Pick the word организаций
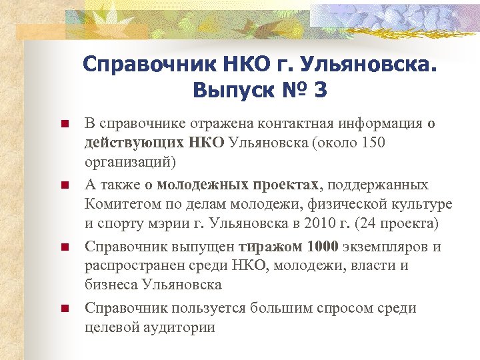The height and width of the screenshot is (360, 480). [x=128, y=162]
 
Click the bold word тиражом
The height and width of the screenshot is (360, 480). [x=272, y=247]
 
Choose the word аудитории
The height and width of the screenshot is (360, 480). [x=181, y=327]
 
